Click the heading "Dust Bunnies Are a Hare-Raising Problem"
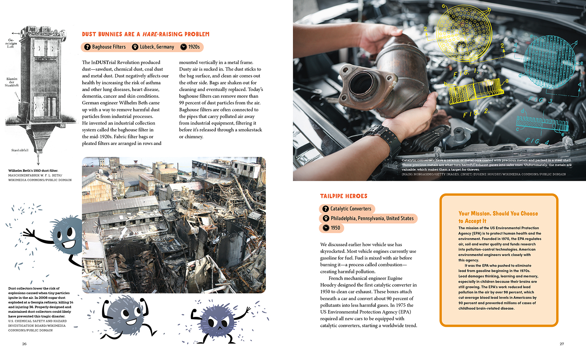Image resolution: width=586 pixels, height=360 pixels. (145, 34)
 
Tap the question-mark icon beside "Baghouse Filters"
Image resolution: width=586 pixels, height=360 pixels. (87, 47)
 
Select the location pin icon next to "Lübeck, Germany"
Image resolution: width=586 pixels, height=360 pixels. (135, 47)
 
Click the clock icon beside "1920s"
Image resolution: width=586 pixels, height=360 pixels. (183, 47)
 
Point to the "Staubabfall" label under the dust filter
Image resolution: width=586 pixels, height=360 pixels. (20, 150)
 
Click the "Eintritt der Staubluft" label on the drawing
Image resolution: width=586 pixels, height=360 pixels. (12, 82)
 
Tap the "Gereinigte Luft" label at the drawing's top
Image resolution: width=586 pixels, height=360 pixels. (10, 44)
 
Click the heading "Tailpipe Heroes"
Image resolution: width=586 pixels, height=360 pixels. (343, 196)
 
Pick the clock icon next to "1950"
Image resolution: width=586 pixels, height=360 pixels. (326, 228)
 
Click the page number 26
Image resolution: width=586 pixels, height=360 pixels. (24, 344)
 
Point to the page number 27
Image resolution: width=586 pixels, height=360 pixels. (562, 344)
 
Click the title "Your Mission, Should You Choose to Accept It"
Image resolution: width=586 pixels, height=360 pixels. (498, 217)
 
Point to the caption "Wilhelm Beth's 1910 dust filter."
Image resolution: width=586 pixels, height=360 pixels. (33, 171)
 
